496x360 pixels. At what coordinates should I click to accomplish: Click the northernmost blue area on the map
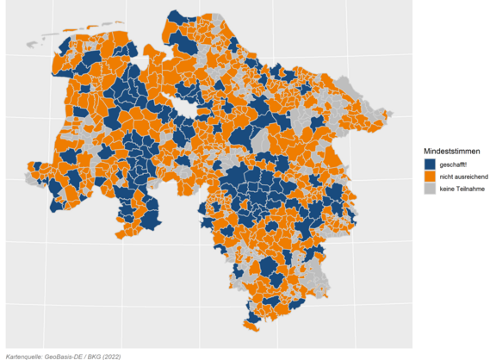(177, 17)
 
